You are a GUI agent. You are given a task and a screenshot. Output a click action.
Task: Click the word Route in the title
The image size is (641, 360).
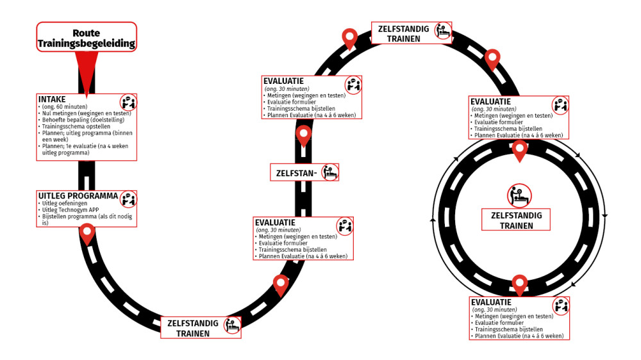pyautogui.click(x=86, y=33)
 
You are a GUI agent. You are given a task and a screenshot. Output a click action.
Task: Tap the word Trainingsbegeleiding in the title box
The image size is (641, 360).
pyautogui.click(x=86, y=44)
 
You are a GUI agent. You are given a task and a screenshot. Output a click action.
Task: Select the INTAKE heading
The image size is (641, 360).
pyautogui.click(x=52, y=100)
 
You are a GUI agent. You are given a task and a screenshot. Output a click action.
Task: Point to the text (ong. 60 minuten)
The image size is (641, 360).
pyautogui.click(x=64, y=107)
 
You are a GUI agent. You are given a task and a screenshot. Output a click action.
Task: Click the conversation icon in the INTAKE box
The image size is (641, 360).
pyautogui.click(x=128, y=102)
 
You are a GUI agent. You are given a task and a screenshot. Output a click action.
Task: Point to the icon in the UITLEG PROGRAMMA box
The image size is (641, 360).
pyautogui.click(x=128, y=198)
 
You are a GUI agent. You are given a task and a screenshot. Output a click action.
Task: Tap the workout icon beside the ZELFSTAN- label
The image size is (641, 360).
pyautogui.click(x=329, y=172)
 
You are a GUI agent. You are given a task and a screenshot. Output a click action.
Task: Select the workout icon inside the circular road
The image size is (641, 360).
pyautogui.click(x=519, y=195)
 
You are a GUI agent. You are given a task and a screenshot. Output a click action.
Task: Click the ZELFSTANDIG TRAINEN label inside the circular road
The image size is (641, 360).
pyautogui.click(x=516, y=220)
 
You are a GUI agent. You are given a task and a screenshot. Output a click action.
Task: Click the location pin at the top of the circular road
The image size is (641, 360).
pyautogui.click(x=520, y=151)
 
